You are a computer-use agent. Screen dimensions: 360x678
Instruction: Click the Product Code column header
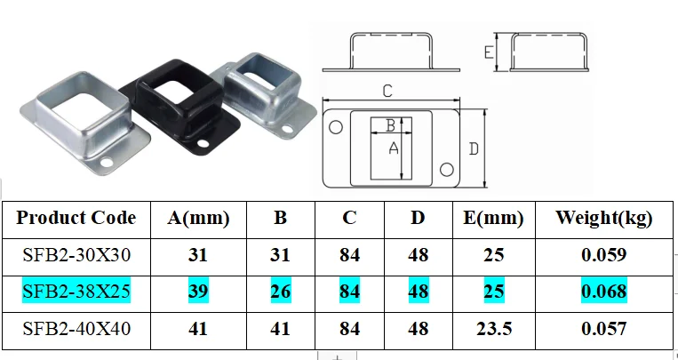(x=76, y=218)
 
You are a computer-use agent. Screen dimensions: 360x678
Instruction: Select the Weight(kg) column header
(x=603, y=218)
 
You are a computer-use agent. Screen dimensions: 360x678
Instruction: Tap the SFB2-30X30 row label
(x=76, y=255)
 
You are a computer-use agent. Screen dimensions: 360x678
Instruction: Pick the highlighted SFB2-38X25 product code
(x=76, y=291)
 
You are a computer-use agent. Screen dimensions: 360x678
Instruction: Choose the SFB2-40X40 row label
(x=76, y=328)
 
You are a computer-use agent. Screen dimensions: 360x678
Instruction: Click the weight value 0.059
(x=603, y=255)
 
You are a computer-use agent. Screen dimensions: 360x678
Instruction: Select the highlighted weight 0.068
(x=603, y=291)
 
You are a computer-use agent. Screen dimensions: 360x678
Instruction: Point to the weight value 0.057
(x=603, y=328)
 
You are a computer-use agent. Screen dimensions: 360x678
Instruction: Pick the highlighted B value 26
(x=279, y=291)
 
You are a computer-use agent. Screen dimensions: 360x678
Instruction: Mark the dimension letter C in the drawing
(x=387, y=91)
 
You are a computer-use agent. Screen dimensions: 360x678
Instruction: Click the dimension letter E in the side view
(x=489, y=52)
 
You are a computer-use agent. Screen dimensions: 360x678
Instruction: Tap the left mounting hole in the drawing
(x=336, y=128)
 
